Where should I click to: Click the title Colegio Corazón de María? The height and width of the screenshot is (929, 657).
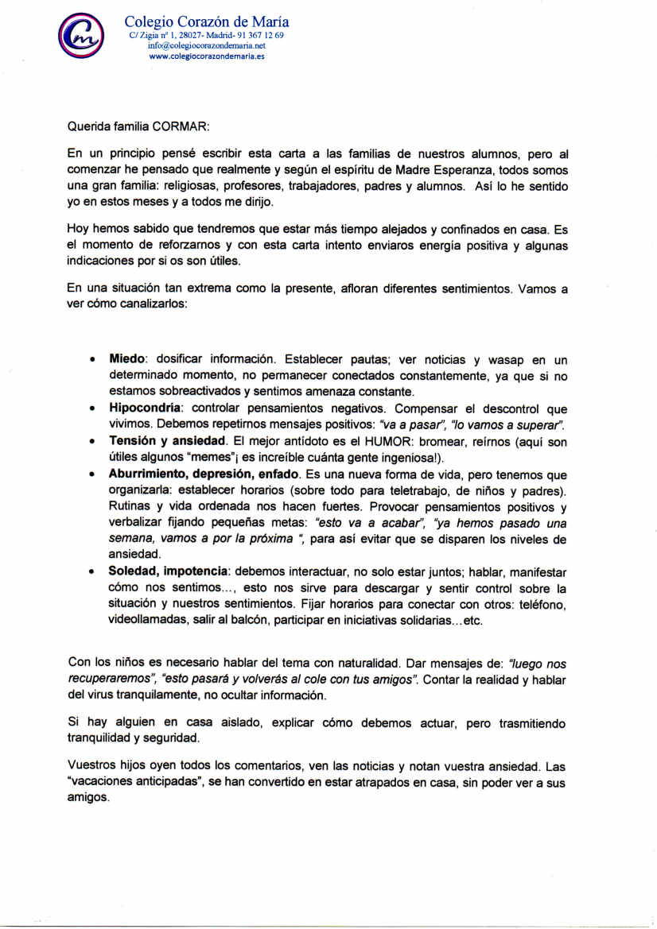click(207, 22)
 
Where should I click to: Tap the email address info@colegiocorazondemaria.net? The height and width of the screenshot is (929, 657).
click(206, 46)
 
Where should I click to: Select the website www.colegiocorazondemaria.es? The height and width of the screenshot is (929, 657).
click(206, 56)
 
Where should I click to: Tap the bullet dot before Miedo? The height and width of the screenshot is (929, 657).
click(92, 360)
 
